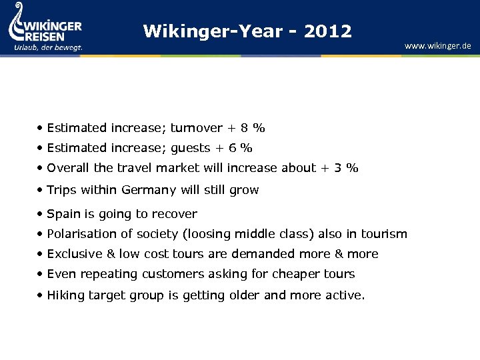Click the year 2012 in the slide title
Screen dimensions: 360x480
pos(327,31)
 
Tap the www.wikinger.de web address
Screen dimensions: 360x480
pos(437,46)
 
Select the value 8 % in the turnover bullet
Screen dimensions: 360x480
pos(253,128)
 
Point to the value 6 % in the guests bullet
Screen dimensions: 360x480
pos(241,148)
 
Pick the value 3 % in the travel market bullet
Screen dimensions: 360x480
pos(347,168)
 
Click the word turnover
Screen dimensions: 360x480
pos(198,128)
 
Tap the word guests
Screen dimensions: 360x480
pos(191,148)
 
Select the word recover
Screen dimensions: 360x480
pos(175,214)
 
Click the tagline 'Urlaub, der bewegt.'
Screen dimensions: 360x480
pos(48,47)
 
